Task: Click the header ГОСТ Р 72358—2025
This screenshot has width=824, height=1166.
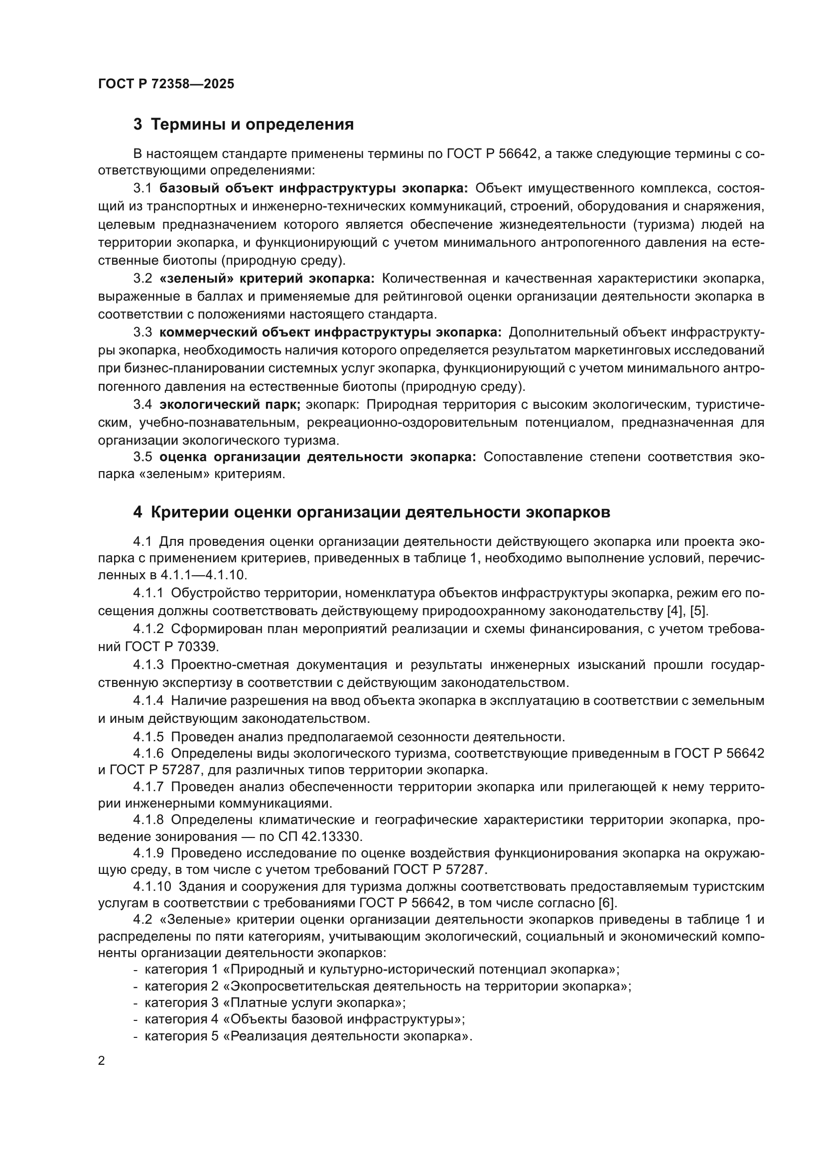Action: click(166, 84)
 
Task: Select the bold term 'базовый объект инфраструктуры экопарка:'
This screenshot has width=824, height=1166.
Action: click(314, 188)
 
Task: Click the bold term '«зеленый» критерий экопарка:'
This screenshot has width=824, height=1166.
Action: click(267, 278)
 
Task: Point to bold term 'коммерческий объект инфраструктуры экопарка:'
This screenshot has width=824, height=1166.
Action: click(330, 332)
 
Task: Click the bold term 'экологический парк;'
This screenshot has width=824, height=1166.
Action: click(230, 405)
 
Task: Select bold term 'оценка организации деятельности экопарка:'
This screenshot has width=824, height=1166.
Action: click(318, 457)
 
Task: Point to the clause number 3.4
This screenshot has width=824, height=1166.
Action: click(142, 405)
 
